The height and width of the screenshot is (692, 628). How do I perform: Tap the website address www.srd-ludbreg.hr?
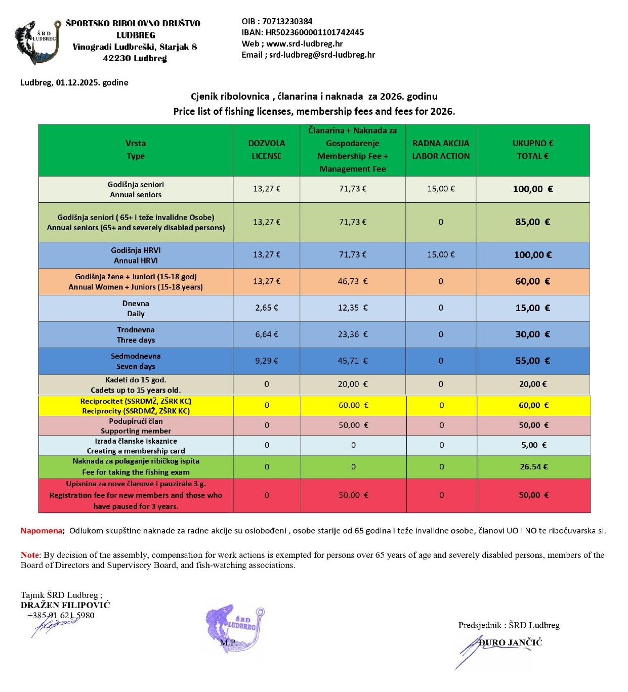(x=305, y=44)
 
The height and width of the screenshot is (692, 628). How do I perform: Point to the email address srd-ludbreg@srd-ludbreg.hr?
(x=322, y=55)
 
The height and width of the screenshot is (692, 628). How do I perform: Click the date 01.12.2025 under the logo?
(x=77, y=82)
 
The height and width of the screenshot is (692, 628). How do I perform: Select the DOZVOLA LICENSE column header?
(x=266, y=150)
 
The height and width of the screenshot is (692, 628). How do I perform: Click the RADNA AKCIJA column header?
(x=440, y=150)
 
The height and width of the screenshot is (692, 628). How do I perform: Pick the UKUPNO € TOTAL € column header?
(x=532, y=150)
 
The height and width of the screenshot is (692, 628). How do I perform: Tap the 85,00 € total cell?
(x=532, y=222)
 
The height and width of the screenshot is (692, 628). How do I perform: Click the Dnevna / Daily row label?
(x=136, y=308)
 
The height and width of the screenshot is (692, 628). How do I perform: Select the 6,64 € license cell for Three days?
(x=266, y=334)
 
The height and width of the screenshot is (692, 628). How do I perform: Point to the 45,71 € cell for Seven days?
(x=353, y=361)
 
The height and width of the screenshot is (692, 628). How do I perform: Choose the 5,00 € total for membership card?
(x=533, y=445)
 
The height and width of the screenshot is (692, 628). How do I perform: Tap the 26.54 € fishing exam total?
(x=533, y=467)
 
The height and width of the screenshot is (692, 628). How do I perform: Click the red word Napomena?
(x=41, y=531)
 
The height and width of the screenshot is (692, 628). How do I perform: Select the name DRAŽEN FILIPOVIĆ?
(x=65, y=605)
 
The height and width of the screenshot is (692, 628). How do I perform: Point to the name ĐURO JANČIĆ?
(x=511, y=642)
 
